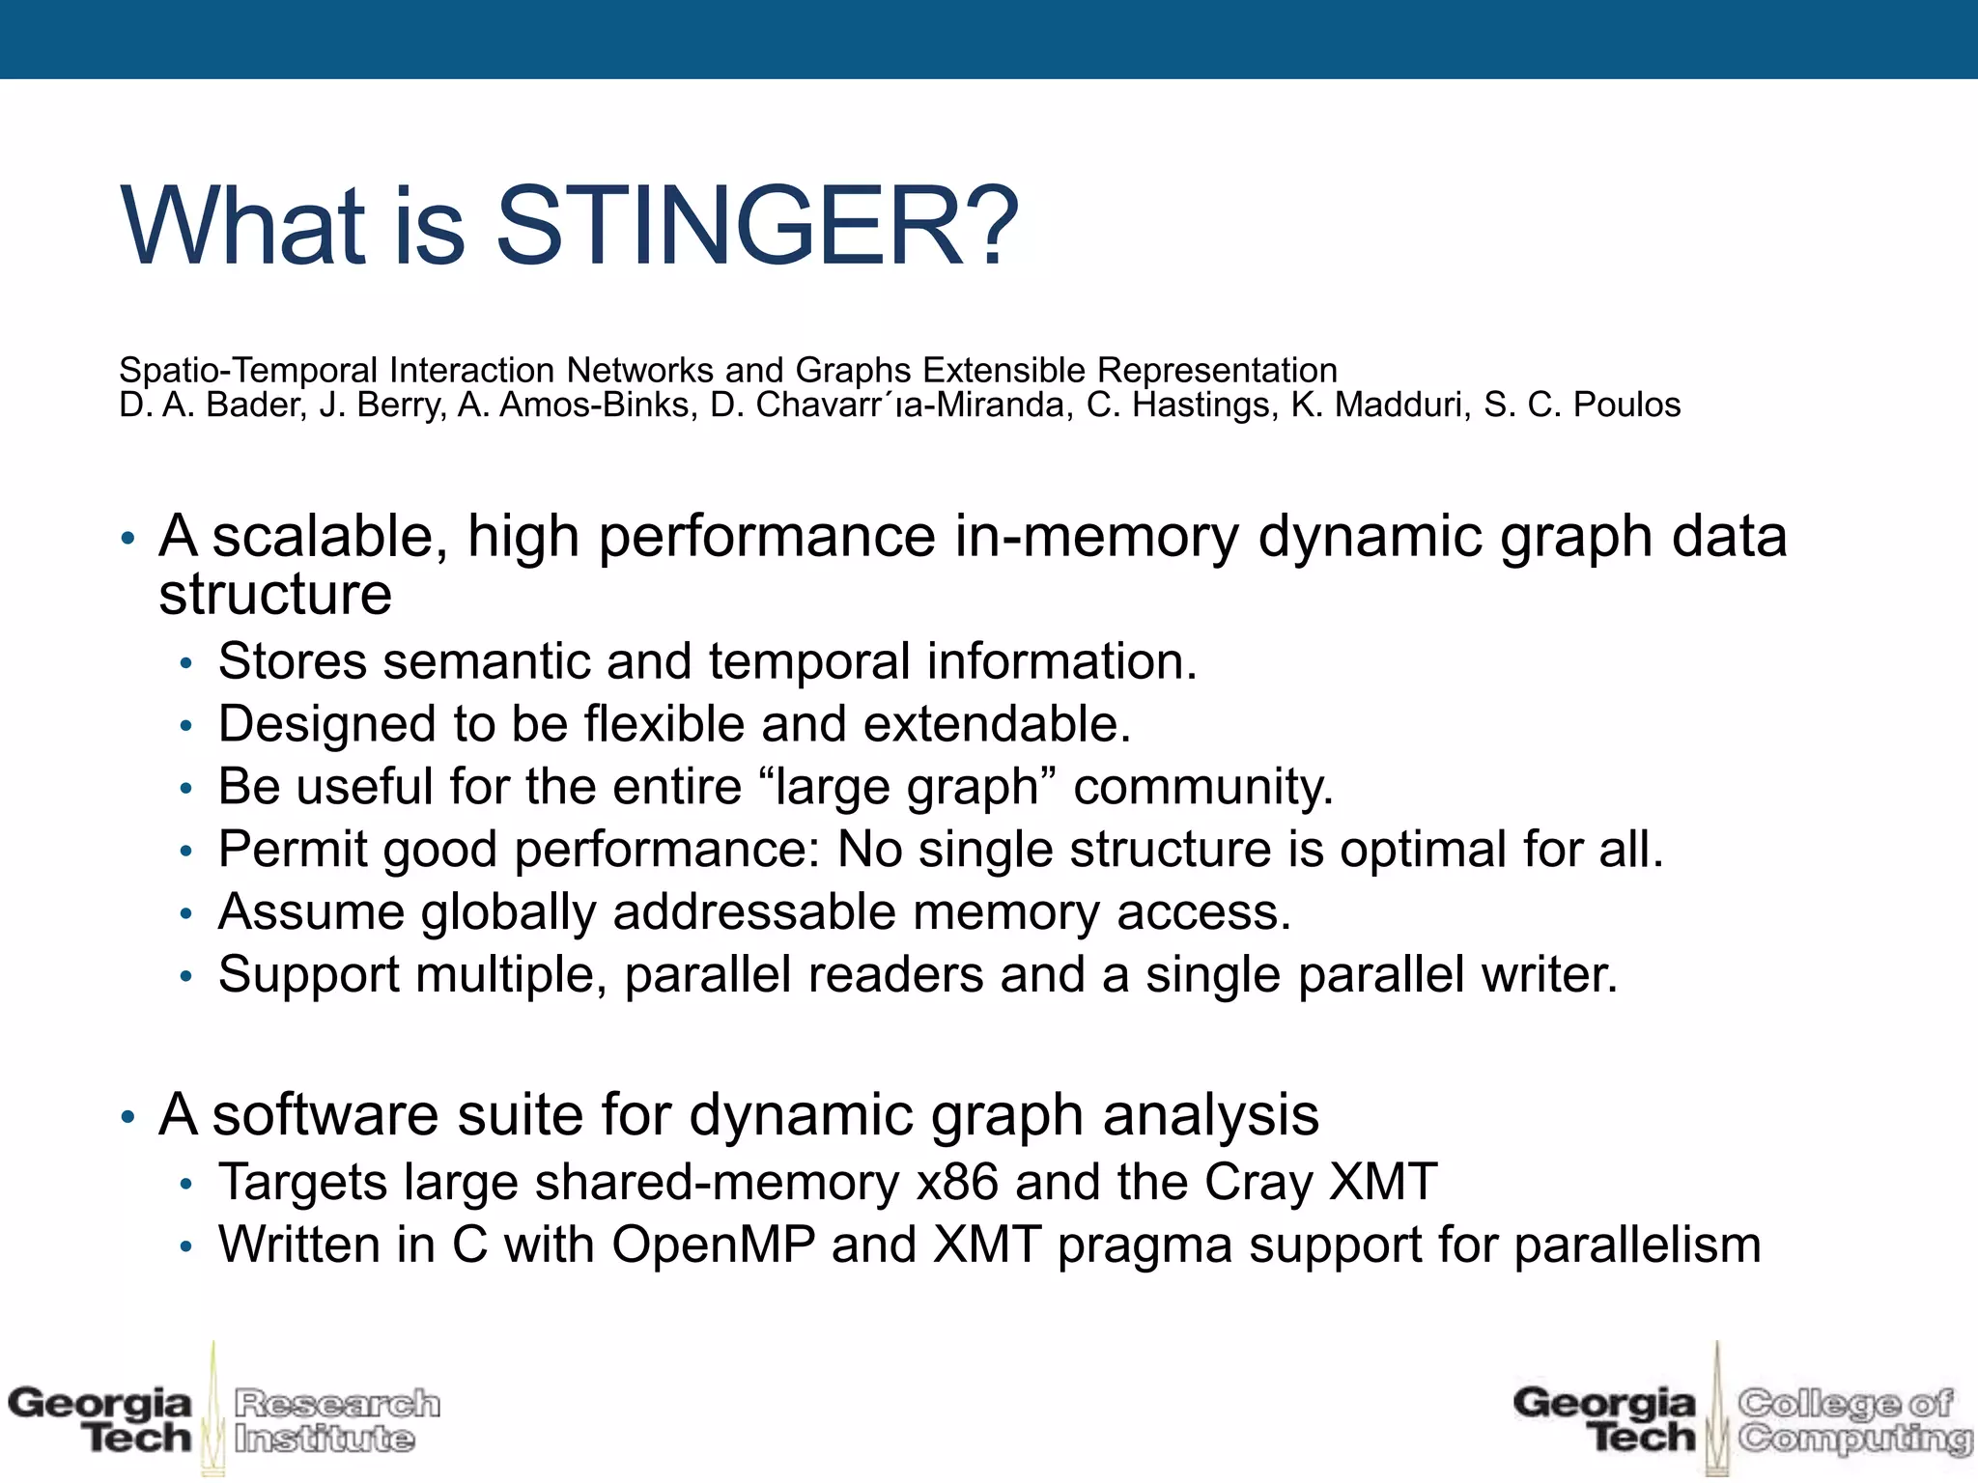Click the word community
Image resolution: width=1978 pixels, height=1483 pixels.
1202,787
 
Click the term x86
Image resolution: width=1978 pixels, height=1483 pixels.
957,1183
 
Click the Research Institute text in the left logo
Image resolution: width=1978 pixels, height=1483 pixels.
336,1420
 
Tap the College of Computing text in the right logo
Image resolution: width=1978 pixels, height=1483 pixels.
1852,1420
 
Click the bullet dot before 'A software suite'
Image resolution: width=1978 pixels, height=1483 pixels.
127,1118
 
